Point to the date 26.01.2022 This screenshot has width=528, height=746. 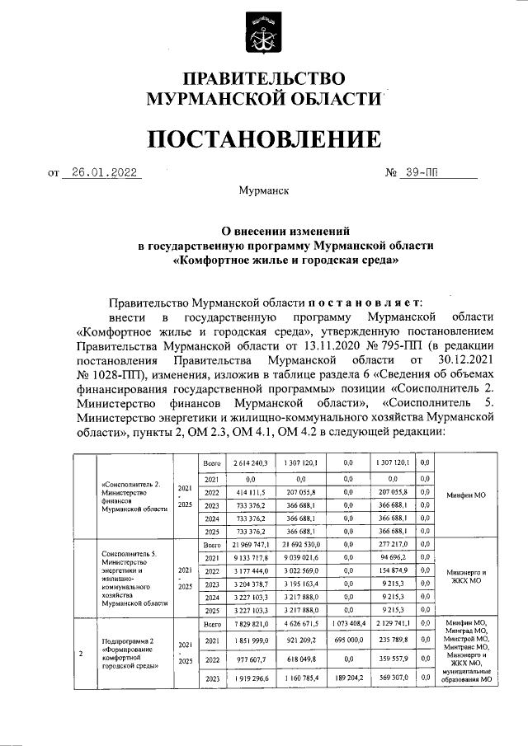tap(101, 173)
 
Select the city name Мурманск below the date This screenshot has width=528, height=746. tap(263, 191)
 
